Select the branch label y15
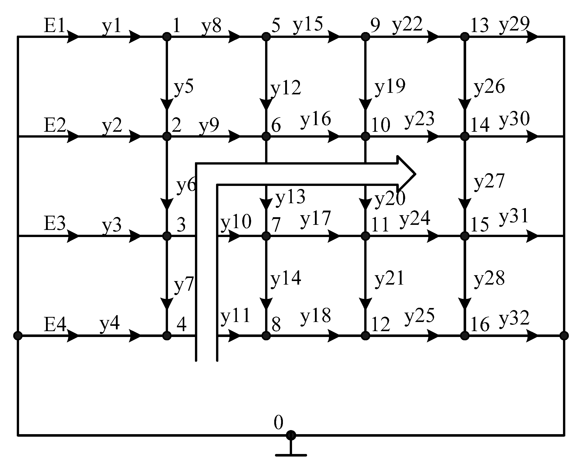(x=308, y=25)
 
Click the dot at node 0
(x=291, y=435)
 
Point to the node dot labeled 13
(x=465, y=36)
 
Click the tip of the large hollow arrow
(x=415, y=174)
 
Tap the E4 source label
(x=55, y=324)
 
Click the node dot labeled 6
(x=266, y=136)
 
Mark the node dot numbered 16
(x=465, y=335)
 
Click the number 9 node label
(x=375, y=25)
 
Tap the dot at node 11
(x=365, y=236)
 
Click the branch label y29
(x=514, y=25)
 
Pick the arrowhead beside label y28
(x=465, y=303)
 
